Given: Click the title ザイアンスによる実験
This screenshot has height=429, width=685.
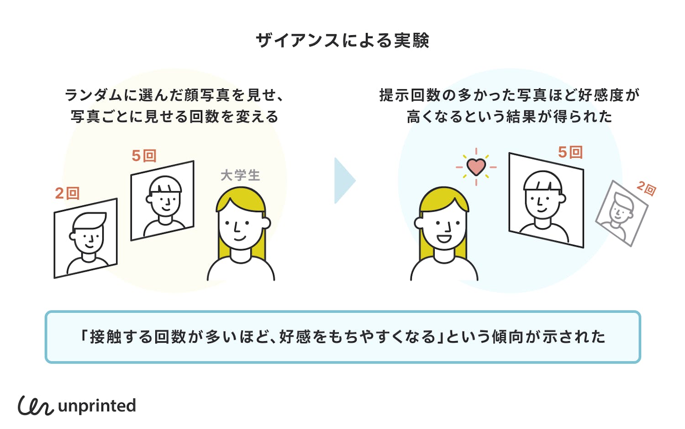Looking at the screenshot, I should click(x=342, y=41).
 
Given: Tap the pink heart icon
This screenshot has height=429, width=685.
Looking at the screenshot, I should click(x=476, y=167).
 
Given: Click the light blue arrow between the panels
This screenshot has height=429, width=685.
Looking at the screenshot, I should click(x=344, y=181).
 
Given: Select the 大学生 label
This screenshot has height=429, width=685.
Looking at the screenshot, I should click(x=240, y=175).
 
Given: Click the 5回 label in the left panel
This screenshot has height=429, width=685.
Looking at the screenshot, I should click(x=144, y=156).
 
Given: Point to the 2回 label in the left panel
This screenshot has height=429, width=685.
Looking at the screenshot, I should click(x=67, y=193).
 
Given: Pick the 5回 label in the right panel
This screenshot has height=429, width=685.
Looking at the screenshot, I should click(x=570, y=152).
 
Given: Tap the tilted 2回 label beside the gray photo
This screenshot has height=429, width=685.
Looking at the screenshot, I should click(x=647, y=188).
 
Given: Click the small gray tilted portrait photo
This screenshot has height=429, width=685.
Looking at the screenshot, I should click(x=622, y=213).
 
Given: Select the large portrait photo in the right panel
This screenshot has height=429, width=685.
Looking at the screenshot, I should click(x=546, y=200).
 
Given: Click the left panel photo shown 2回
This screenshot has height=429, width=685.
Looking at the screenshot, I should click(x=85, y=238).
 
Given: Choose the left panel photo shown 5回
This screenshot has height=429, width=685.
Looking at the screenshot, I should click(x=162, y=200).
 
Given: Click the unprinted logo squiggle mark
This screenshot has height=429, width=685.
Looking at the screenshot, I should click(x=36, y=406).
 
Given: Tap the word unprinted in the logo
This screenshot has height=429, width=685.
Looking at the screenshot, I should click(x=97, y=406).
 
